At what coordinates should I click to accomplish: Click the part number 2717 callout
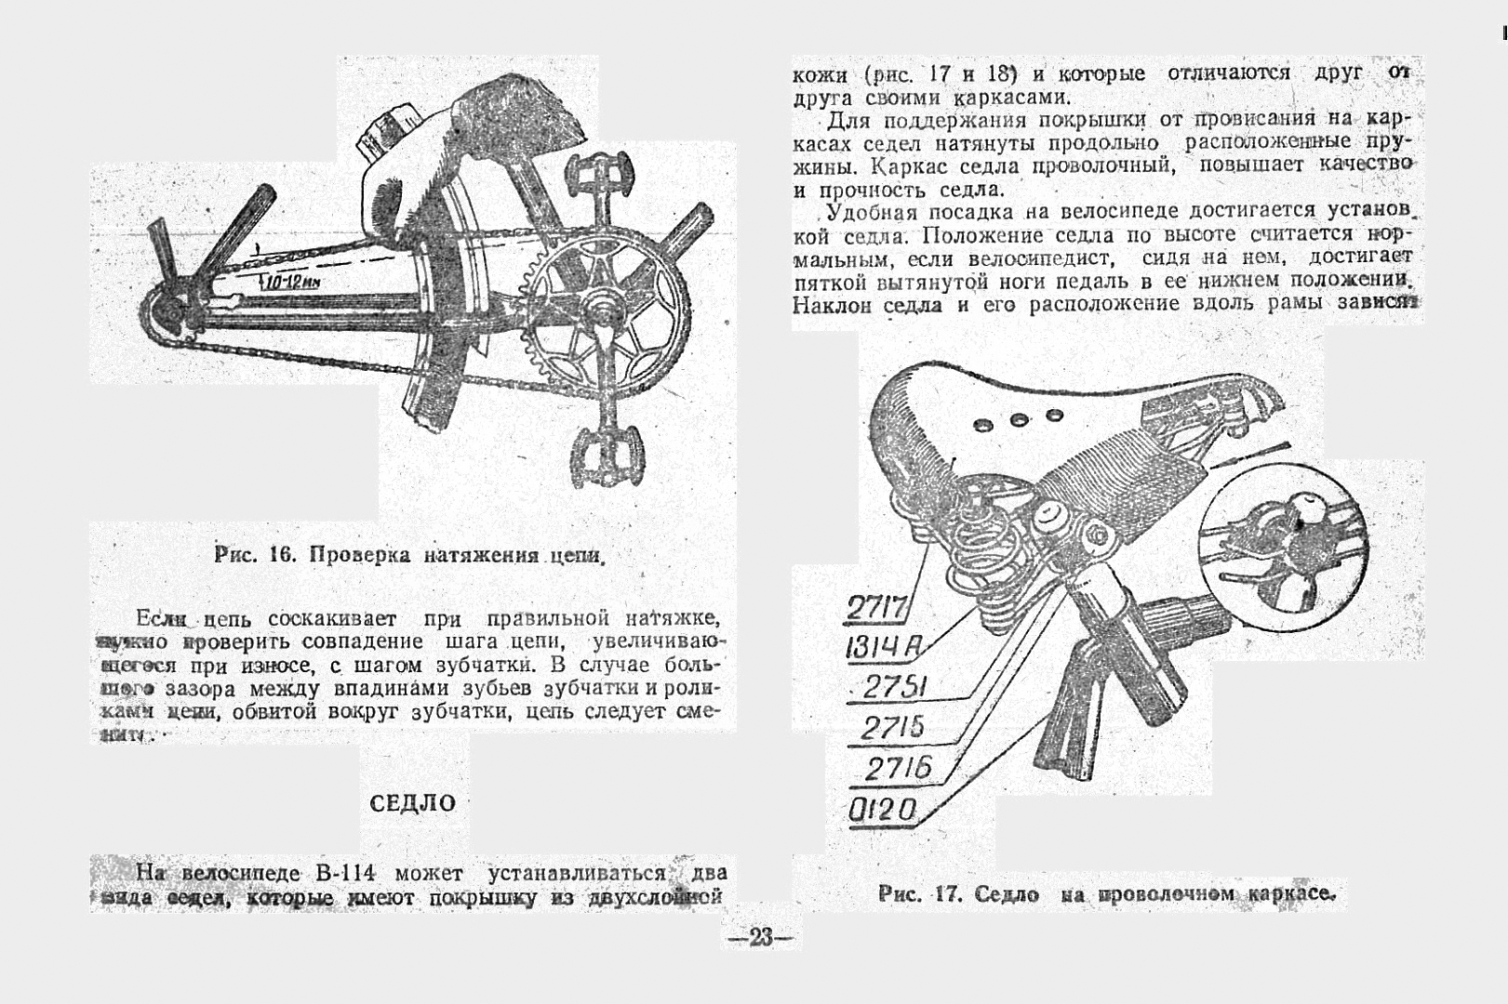coord(877,610)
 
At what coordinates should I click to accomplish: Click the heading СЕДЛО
coord(413,803)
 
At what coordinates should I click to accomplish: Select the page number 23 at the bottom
coord(760,938)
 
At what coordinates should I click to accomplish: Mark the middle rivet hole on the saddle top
coord(1017,419)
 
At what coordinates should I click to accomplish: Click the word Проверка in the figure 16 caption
coord(361,556)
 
